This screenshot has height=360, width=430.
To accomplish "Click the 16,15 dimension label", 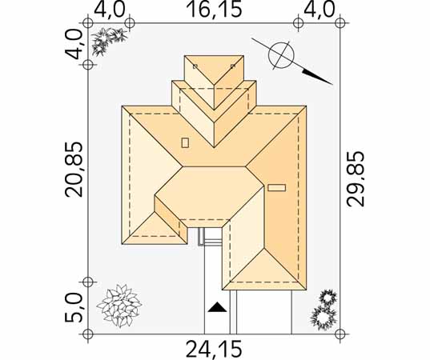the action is tap(214, 10).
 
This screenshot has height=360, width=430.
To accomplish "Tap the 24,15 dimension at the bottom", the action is tap(214, 350).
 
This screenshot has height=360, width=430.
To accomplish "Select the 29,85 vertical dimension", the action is tap(356, 179).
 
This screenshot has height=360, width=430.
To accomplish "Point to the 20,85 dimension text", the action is tap(74, 169).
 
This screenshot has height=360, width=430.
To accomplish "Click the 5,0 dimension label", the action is tap(74, 308).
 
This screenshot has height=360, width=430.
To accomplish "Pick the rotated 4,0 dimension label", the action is tap(74, 44).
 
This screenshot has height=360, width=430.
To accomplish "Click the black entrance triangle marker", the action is tap(217, 307).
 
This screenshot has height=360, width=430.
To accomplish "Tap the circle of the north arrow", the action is tap(281, 54).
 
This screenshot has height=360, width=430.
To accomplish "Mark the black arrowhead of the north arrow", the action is tap(317, 77).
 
